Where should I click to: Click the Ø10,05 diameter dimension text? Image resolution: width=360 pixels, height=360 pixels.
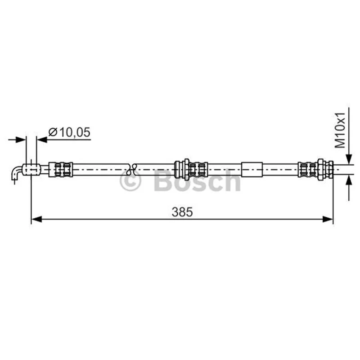click(69, 132)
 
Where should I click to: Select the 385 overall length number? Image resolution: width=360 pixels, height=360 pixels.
click(182, 212)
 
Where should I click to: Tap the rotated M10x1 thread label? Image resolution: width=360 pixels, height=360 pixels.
click(340, 130)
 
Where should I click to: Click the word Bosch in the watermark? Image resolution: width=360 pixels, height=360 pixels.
click(197, 180)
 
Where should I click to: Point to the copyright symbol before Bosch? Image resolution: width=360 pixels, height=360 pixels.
click(130, 180)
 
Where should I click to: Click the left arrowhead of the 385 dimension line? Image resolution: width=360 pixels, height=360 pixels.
click(36, 219)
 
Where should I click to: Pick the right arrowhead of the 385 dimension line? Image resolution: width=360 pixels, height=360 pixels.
click(328, 219)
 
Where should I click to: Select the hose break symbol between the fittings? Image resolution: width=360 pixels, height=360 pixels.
click(132, 170)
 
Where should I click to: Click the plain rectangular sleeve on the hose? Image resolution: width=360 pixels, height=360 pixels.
click(252, 170)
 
